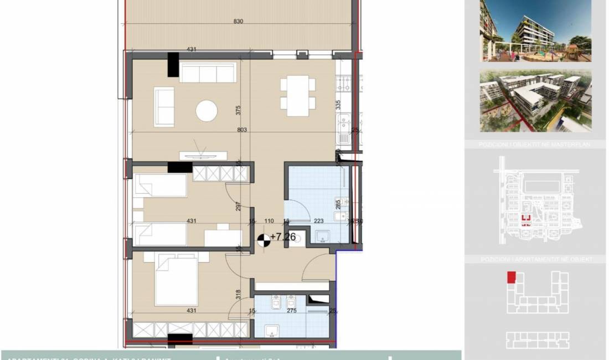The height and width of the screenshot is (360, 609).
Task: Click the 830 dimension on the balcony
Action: tap(239, 22)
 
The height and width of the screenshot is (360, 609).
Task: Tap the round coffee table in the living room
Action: tap(207, 111)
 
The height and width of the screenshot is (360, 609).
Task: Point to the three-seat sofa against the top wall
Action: tap(208, 72)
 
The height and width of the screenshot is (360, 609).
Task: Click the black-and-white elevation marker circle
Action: tap(264, 239)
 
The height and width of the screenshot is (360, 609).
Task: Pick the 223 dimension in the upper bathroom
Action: tap(319, 221)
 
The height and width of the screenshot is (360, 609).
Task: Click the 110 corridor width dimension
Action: tap(269, 221)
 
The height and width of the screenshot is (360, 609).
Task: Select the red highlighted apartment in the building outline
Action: tap(511, 277)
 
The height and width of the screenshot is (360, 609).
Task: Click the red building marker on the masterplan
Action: tap(527, 218)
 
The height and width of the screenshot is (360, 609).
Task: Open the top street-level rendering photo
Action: tap(535, 30)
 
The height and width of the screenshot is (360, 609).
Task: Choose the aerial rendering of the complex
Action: tap(535, 101)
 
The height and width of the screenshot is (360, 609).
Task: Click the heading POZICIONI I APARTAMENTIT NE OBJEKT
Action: tap(535, 259)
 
